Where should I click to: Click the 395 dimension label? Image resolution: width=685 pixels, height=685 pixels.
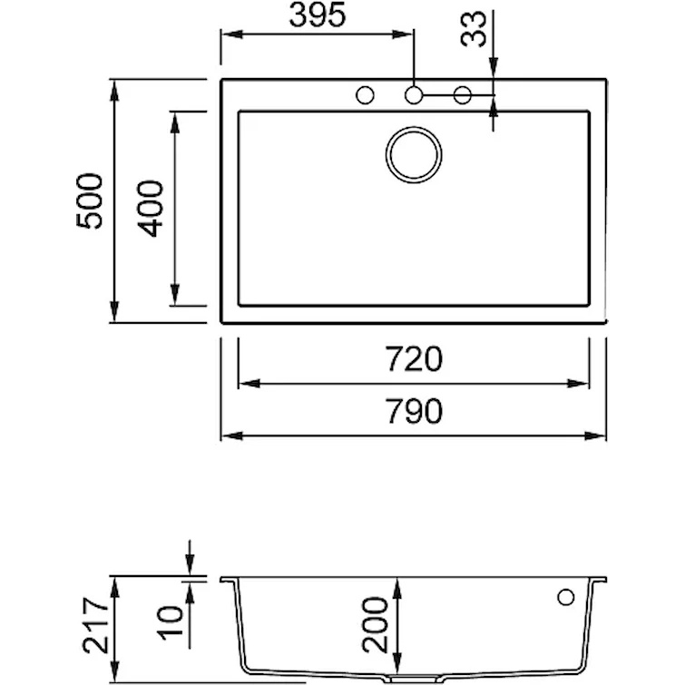tap(318, 15)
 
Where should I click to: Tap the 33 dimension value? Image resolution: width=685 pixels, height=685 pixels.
tap(473, 29)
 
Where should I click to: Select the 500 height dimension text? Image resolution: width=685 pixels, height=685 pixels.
tap(90, 201)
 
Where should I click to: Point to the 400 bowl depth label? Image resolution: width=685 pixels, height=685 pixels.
tap(150, 209)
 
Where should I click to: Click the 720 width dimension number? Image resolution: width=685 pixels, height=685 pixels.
tap(414, 358)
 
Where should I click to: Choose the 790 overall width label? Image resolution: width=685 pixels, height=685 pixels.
tap(414, 411)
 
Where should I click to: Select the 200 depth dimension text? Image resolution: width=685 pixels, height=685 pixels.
tap(376, 625)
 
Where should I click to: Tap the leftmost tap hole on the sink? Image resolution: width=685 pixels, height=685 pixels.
tap(366, 94)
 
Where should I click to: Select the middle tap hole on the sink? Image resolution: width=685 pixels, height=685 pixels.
tap(414, 94)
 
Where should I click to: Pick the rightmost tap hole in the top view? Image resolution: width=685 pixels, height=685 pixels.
tap(463, 94)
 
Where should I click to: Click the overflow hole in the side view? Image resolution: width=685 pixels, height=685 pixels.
tap(566, 597)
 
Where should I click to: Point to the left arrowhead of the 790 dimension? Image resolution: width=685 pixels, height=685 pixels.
tap(231, 435)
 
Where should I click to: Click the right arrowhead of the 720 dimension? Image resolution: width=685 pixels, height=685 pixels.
tap(579, 384)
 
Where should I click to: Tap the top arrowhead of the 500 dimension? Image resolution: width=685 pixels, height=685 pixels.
tap(114, 91)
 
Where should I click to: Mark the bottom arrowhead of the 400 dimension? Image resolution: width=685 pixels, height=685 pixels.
tap(175, 295)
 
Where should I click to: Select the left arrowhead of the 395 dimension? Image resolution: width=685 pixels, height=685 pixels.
tap(232, 34)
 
